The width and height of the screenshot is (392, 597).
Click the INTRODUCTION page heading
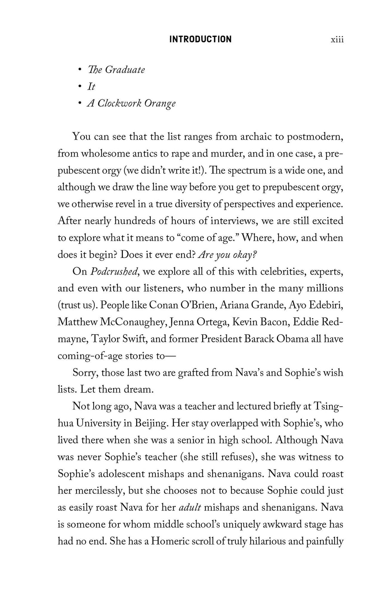(200, 39)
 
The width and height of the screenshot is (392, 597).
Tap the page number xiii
(337, 40)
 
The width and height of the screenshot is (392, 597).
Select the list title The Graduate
(116, 70)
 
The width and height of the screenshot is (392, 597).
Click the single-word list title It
(91, 87)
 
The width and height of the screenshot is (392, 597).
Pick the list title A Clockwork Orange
(131, 103)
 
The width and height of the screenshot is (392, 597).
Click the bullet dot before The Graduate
(79, 70)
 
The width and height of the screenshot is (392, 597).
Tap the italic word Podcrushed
(114, 272)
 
